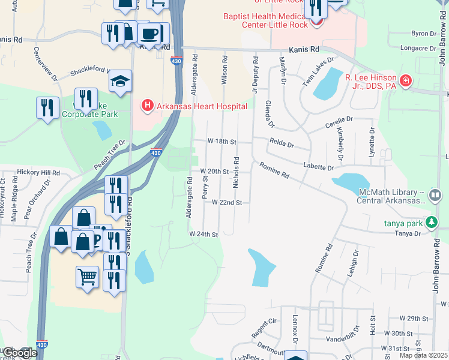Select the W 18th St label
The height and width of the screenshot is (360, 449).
[x=223, y=141]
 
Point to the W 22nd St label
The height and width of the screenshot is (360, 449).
[x=226, y=203]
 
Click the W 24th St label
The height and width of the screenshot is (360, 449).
[x=203, y=234]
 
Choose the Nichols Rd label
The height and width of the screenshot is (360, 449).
[x=237, y=172]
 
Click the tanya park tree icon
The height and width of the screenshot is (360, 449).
[x=431, y=222]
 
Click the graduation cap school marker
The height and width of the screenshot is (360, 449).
[x=121, y=82]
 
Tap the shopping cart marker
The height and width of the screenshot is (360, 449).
[x=87, y=277]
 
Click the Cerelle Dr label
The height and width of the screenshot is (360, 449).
[x=340, y=120]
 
